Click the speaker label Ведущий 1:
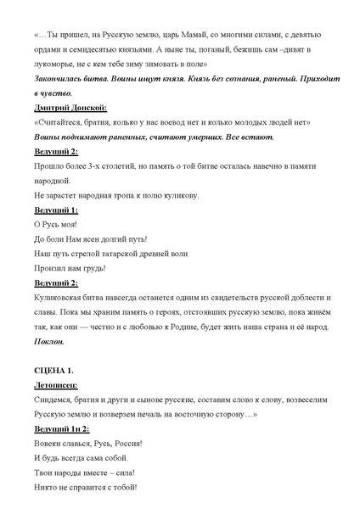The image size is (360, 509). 56,210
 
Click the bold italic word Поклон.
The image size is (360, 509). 50,342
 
